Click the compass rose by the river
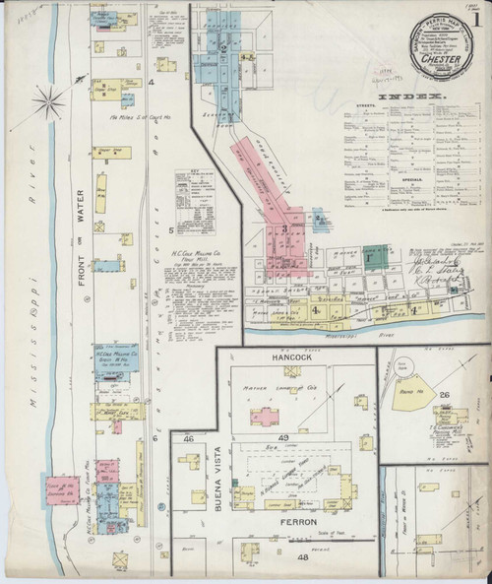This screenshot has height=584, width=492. pyautogui.click(x=50, y=98)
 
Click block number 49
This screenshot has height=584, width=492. pyautogui.click(x=283, y=437)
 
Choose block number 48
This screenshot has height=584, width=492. pyautogui.click(x=302, y=557)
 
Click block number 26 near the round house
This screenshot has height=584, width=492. pyautogui.click(x=445, y=396)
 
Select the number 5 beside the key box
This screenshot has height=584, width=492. pyautogui.click(x=170, y=230)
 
